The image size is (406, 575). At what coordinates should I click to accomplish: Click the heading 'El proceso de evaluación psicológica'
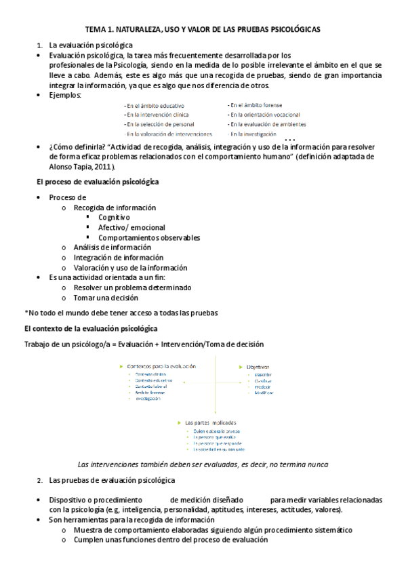[97, 182]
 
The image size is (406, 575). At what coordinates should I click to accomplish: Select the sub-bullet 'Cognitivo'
[114, 218]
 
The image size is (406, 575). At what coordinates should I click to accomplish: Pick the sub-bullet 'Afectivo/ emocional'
[131, 228]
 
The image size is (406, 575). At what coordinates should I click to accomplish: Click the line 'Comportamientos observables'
[149, 238]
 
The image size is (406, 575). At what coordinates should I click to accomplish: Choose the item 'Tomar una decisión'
[106, 297]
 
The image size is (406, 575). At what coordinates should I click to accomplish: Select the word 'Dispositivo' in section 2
[69, 500]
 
